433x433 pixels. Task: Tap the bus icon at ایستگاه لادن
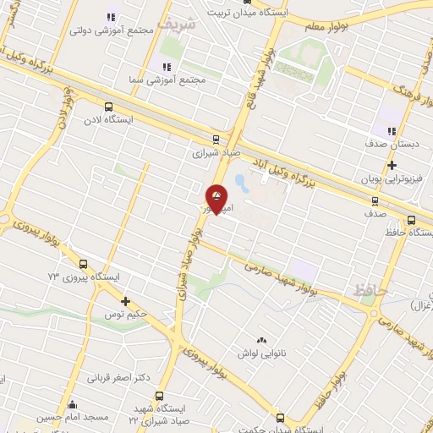pos(107,107)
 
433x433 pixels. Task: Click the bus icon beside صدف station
pos(375,200)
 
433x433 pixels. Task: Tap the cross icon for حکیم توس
pos(125,301)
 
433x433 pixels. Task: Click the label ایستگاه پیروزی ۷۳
pos(85,277)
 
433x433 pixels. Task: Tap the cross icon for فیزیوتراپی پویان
pos(392,165)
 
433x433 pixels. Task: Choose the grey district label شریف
pos(181,24)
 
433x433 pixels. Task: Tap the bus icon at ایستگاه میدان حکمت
pos(281,417)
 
